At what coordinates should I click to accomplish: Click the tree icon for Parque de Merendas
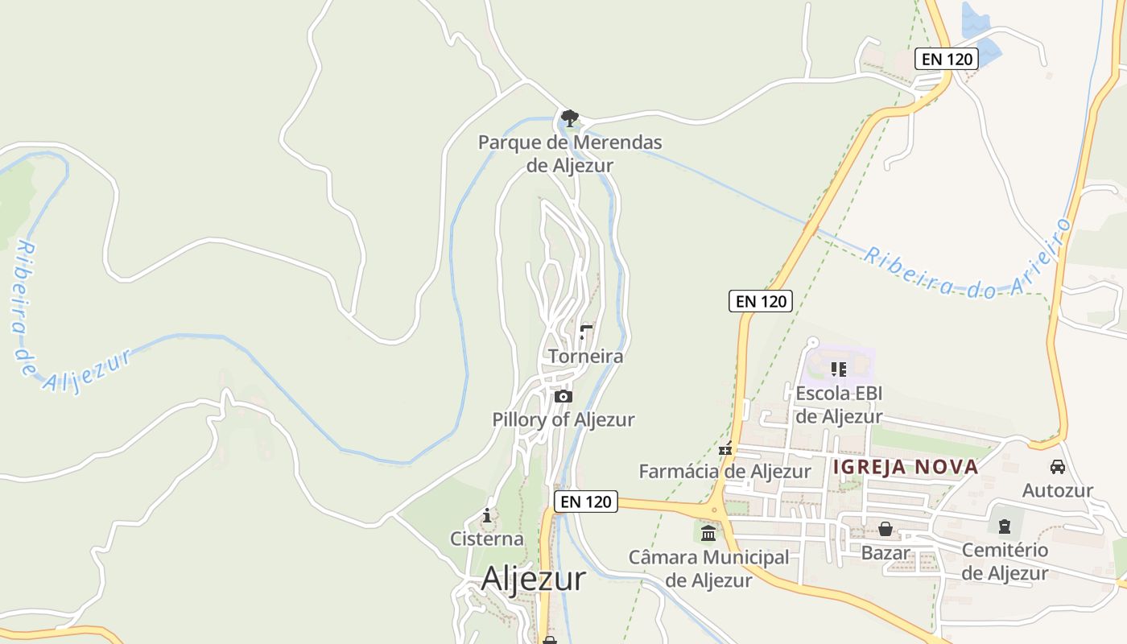(570, 118)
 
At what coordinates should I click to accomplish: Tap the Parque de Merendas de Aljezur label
(570, 154)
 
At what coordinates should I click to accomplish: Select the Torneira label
(585, 356)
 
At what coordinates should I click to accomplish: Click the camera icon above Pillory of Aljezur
(563, 396)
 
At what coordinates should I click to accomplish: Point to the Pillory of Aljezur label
(563, 419)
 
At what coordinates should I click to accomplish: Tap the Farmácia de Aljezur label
(724, 471)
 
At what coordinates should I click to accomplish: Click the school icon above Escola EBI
(839, 369)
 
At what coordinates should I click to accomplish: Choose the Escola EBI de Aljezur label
(839, 405)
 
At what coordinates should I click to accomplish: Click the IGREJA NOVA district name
(906, 467)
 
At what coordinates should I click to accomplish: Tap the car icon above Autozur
(1058, 467)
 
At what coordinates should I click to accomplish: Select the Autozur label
(1058, 490)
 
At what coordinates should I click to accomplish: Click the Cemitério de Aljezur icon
(1004, 526)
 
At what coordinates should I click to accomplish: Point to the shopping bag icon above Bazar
(885, 529)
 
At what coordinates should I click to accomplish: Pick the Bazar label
(885, 553)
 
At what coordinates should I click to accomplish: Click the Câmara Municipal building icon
(708, 533)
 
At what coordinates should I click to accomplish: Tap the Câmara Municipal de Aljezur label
(708, 568)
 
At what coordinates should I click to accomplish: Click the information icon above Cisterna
(486, 515)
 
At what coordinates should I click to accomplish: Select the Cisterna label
(486, 539)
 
